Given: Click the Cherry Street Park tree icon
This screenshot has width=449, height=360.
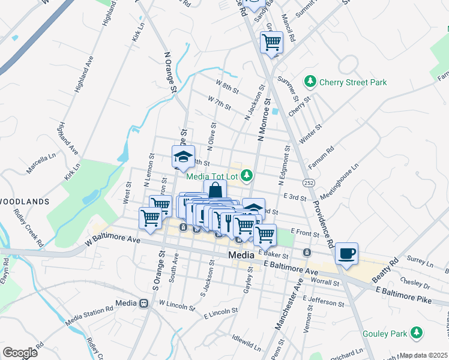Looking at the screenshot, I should pyautogui.click(x=310, y=81).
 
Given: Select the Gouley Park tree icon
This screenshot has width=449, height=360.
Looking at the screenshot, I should pyautogui.click(x=415, y=333).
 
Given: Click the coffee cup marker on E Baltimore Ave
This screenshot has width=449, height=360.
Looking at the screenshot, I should pyautogui.click(x=346, y=253).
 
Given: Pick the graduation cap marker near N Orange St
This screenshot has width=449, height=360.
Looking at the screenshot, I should pyautogui.click(x=183, y=157).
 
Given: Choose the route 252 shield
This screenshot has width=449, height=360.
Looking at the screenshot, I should pyautogui.click(x=309, y=181).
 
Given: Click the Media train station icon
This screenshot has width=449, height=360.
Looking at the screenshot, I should pyautogui.click(x=144, y=304).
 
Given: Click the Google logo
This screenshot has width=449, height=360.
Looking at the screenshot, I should pyautogui.click(x=20, y=352).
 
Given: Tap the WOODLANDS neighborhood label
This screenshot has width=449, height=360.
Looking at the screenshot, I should pyautogui.click(x=24, y=201).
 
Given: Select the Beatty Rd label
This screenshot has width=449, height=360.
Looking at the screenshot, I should pyautogui.click(x=385, y=271).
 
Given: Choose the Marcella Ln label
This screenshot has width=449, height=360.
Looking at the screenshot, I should pyautogui.click(x=38, y=160).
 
